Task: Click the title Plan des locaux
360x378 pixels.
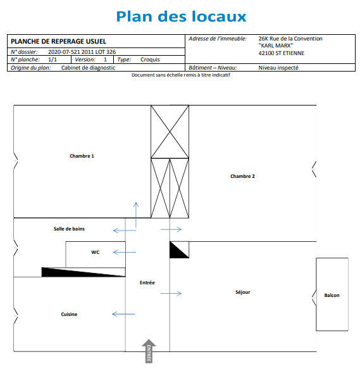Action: [181, 16]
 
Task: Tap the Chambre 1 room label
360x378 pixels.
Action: [82, 156]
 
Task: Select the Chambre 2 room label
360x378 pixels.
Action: [242, 176]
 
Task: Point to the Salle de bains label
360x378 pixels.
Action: [69, 229]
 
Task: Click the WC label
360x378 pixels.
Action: [95, 252]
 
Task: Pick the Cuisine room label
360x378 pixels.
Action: [69, 314]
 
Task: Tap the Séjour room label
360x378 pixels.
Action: [242, 292]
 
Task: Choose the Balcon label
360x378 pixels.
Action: [332, 296]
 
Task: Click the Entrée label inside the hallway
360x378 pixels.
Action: [147, 282]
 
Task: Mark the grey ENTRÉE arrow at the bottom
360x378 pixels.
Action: [149, 351]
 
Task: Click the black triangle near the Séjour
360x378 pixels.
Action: [177, 251]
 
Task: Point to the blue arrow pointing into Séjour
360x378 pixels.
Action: [171, 293]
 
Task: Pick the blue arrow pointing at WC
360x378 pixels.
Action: [125, 253]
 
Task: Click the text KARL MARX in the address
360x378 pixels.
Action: [276, 46]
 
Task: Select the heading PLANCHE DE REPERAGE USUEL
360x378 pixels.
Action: [50, 41]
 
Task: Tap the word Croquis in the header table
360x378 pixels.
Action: [150, 60]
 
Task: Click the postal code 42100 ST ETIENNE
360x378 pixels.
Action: [282, 53]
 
